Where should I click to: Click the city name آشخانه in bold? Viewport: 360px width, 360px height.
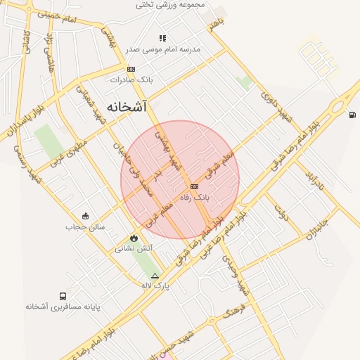click(x=127, y=106)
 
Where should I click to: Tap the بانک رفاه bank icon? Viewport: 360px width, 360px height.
click(x=194, y=186)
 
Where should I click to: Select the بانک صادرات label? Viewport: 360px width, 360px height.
click(x=131, y=80)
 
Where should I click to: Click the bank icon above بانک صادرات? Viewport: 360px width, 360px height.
click(x=131, y=69)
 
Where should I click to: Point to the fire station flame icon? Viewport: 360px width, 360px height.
click(x=134, y=238)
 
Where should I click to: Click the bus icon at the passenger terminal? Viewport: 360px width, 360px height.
click(x=63, y=297)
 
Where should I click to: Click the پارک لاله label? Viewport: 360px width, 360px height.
click(x=155, y=285)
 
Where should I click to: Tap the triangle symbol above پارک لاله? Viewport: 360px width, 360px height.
click(x=155, y=275)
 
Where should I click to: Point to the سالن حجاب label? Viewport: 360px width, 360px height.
click(x=85, y=227)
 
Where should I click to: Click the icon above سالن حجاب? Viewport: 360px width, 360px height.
click(x=85, y=216)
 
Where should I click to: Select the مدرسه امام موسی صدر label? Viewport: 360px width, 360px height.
click(x=163, y=49)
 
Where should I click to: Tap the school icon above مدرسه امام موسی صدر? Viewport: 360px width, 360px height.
click(x=163, y=38)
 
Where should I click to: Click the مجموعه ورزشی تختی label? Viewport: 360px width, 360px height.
click(x=172, y=5)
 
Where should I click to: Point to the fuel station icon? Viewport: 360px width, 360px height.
click(x=352, y=115)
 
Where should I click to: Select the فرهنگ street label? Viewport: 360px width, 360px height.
click(x=232, y=309)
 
